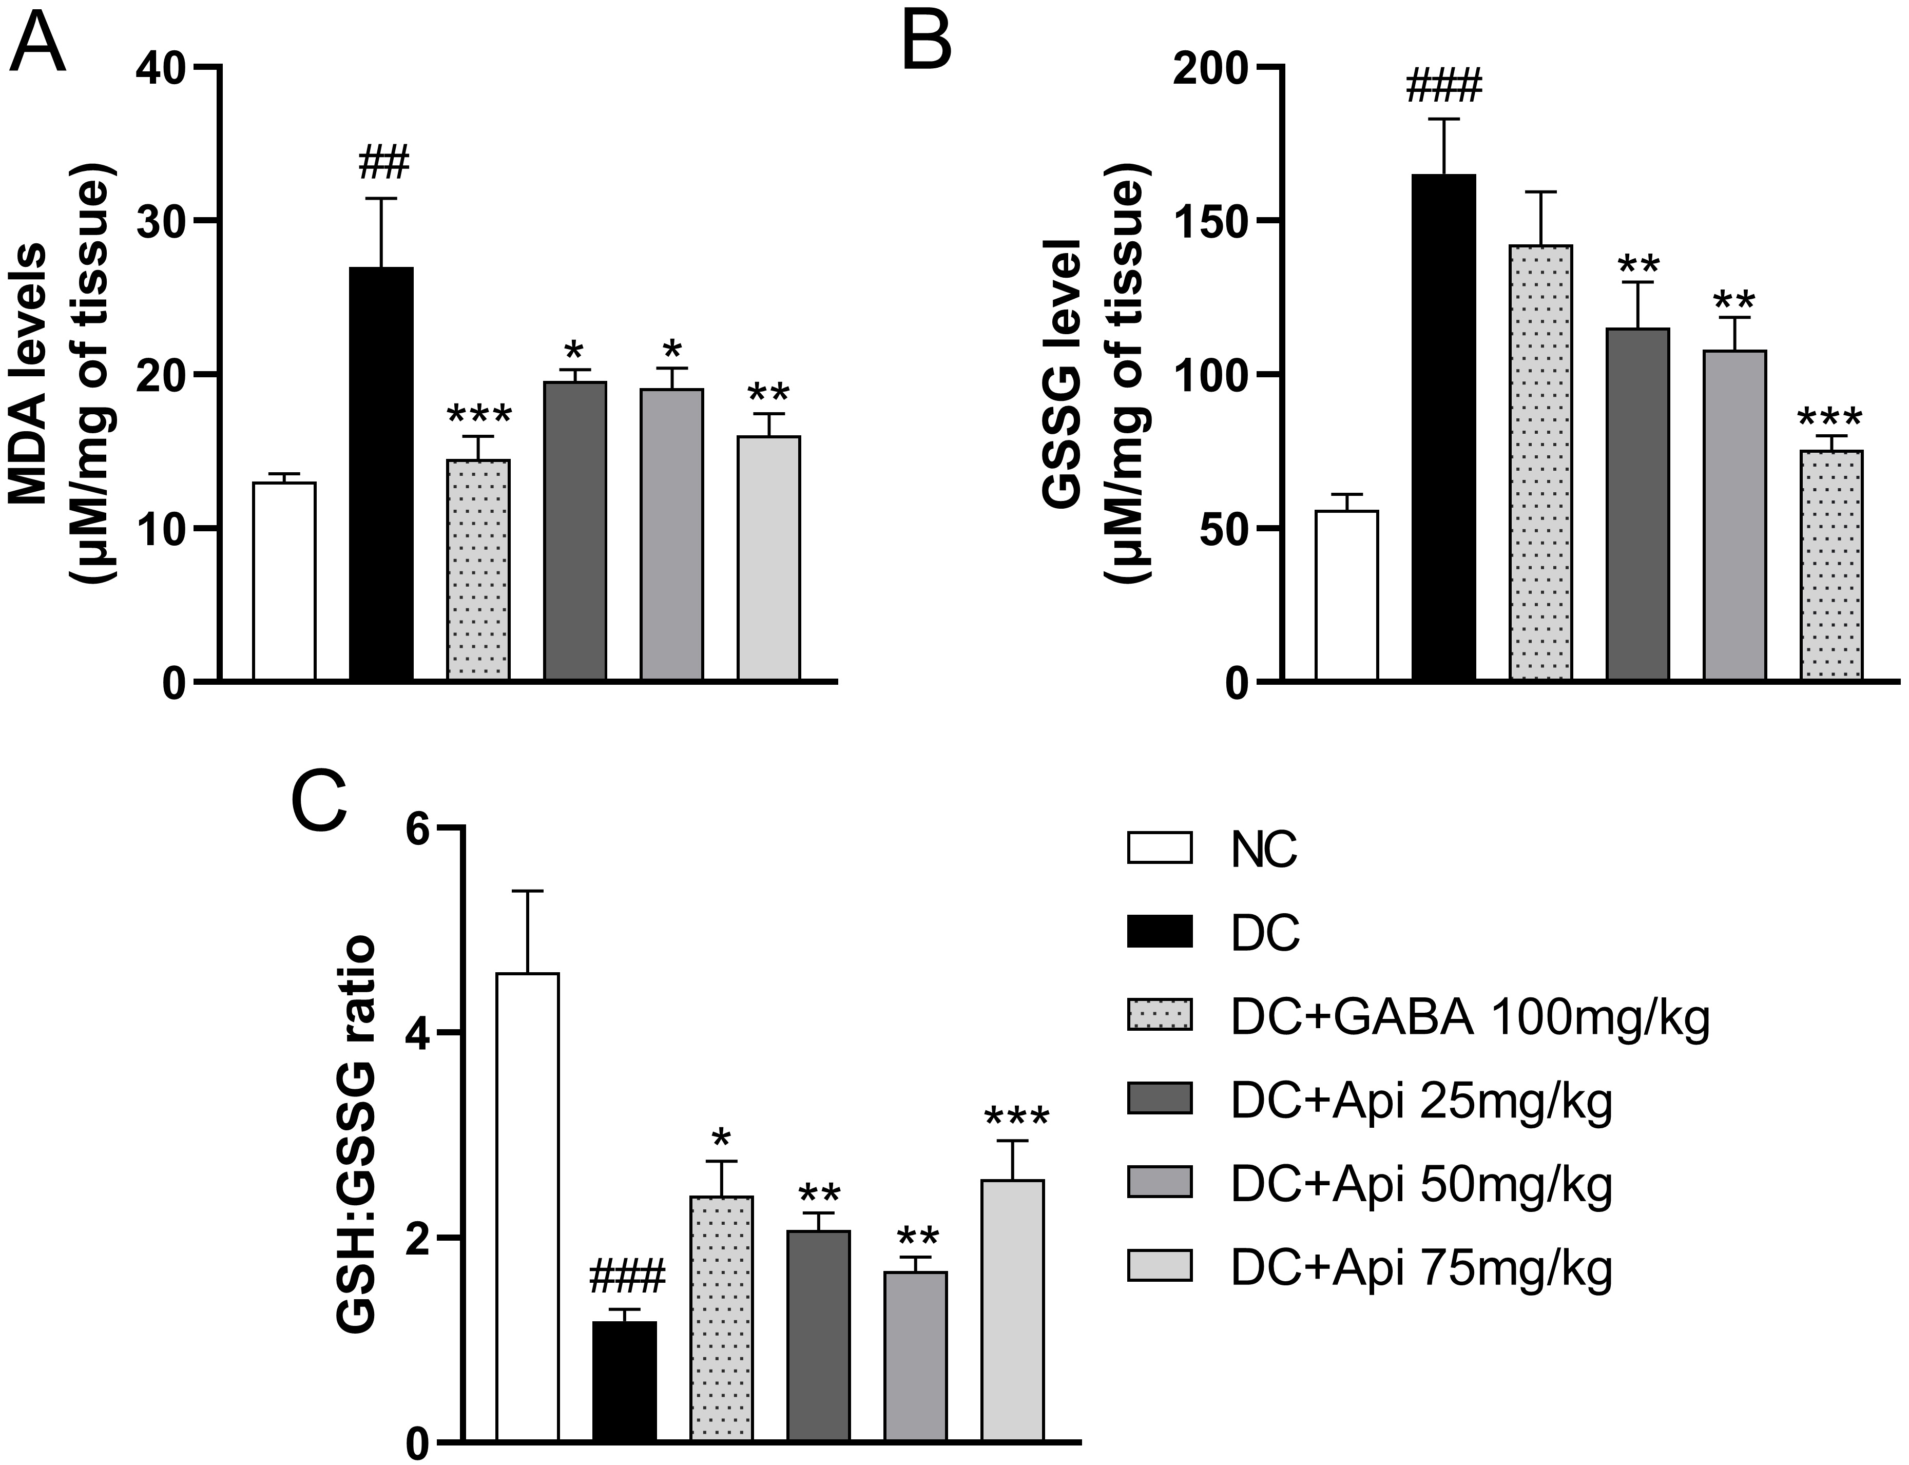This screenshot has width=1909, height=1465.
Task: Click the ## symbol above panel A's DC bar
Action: pos(381,163)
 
